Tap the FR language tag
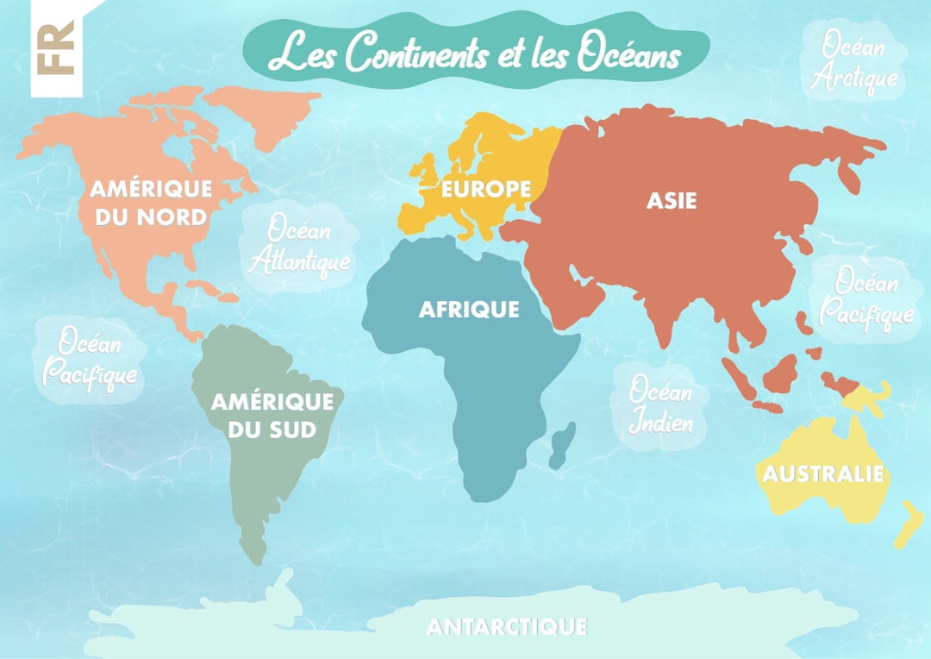coord(56,48)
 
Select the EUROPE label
coord(486,189)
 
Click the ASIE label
coord(672,201)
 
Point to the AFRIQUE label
coord(469,309)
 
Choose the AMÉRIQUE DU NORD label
coord(151,202)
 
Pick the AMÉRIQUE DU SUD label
coord(272,414)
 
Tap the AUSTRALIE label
coord(823,474)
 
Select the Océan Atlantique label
coord(299,244)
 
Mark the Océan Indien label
coord(659,406)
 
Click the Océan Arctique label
coord(857,62)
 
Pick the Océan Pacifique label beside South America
coord(89,359)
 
